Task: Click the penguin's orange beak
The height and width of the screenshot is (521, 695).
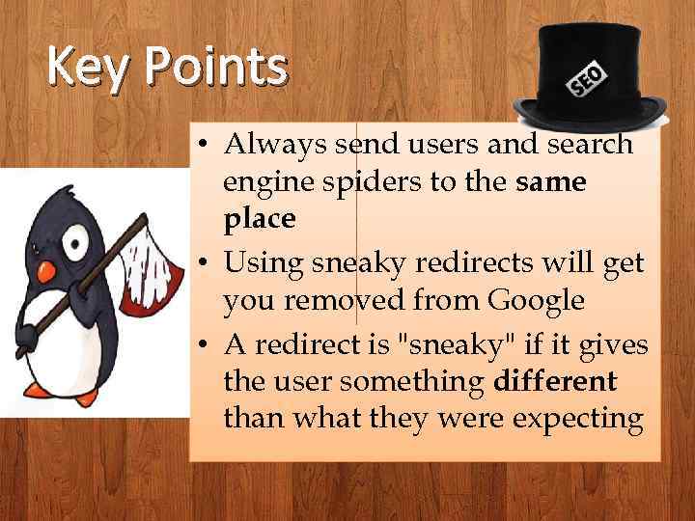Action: pyautogui.click(x=46, y=272)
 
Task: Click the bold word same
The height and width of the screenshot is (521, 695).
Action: pyautogui.click(x=550, y=181)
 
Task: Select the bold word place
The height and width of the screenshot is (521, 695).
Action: pyautogui.click(x=259, y=219)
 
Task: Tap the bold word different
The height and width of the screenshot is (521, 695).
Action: pyautogui.click(x=554, y=381)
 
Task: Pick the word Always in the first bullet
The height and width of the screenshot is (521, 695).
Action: pyautogui.click(x=271, y=144)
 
